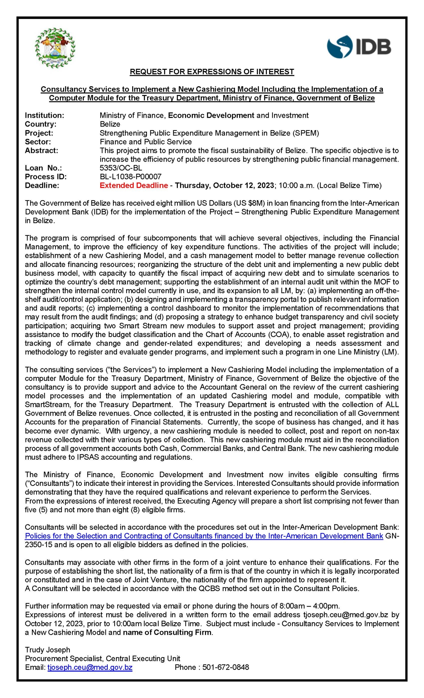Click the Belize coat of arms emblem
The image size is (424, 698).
[55, 48]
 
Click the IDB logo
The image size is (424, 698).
[359, 47]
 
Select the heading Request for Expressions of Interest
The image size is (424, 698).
[212, 72]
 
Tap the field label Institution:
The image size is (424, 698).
[44, 115]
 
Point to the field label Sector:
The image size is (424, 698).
[38, 142]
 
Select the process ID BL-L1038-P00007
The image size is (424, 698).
[130, 177]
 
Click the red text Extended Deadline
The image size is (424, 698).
[134, 186]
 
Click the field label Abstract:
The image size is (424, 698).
[41, 151]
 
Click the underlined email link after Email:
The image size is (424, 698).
[90, 667]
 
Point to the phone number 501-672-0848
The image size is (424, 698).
[226, 667]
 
